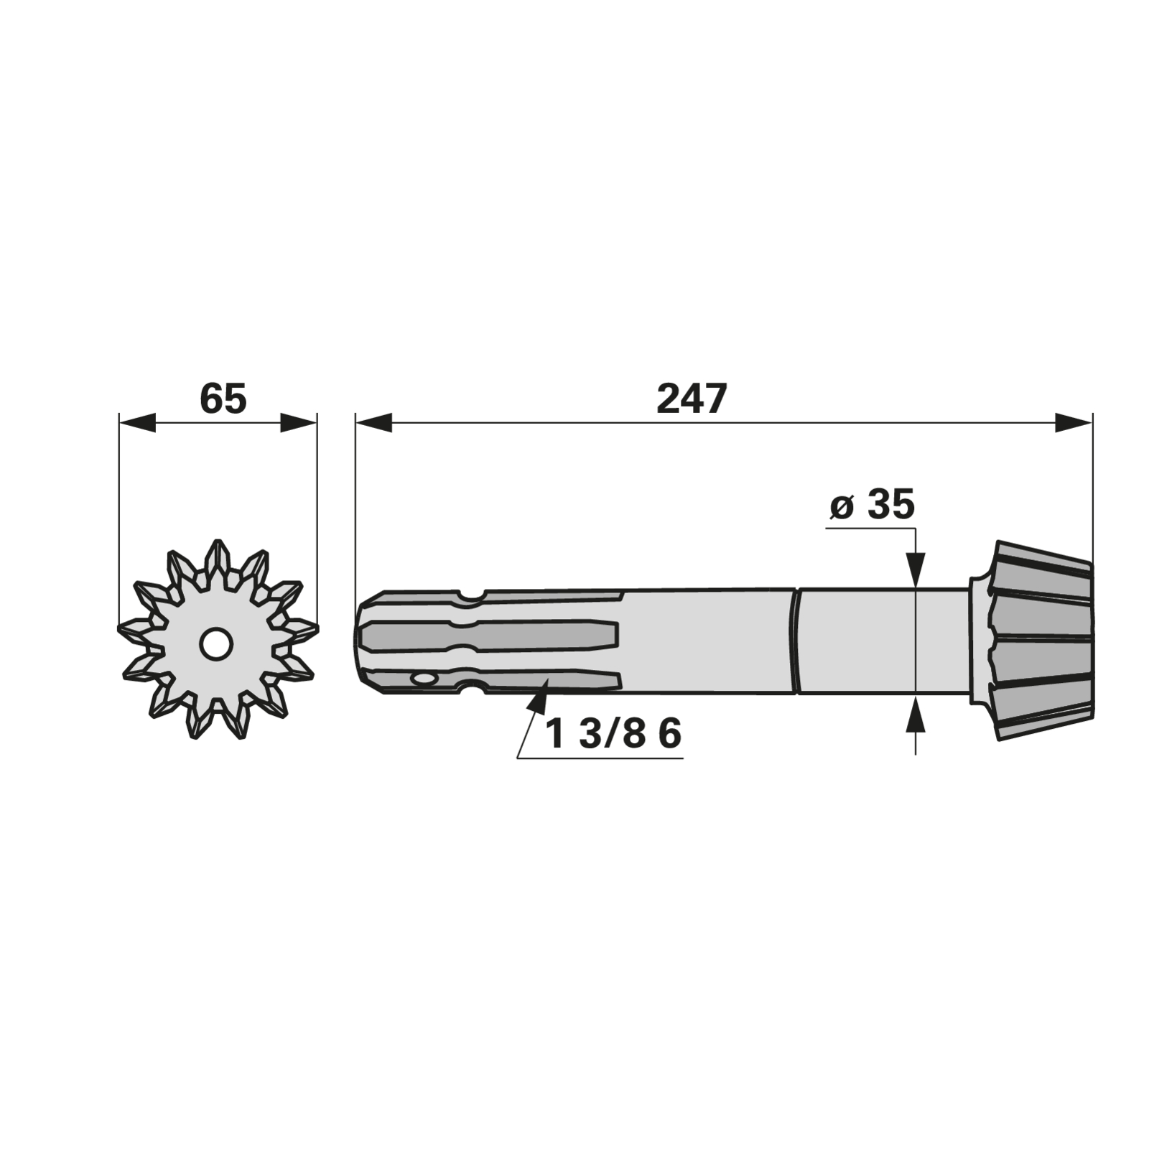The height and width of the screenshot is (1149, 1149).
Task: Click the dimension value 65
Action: coord(223,399)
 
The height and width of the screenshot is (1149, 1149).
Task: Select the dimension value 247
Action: coord(692,399)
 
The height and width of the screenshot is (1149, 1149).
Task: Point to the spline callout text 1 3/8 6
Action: coord(613,735)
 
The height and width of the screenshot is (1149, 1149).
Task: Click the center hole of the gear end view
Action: coord(215,643)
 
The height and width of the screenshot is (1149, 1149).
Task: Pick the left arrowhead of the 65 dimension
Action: coord(136,423)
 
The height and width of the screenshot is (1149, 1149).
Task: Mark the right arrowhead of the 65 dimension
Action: coord(298,423)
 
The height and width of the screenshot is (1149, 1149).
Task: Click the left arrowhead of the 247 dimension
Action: coord(373,423)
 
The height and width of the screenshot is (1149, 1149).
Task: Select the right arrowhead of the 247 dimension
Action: coord(1074,423)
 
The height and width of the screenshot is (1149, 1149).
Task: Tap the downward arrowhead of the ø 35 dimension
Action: coord(916,570)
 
